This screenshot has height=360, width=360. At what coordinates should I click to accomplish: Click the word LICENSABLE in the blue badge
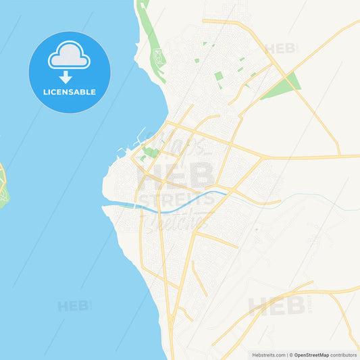tap(70, 91)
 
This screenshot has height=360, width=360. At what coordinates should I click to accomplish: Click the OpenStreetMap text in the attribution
tap(311, 355)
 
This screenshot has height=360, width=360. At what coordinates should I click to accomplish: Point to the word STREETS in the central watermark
tap(176, 201)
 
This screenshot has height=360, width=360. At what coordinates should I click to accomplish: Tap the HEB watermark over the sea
tap(73, 306)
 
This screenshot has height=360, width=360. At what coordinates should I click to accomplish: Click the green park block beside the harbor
tap(151, 153)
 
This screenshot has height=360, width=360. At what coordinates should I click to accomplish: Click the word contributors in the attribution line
tap(344, 355)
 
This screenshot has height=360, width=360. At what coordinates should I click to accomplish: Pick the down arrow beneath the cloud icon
tap(66, 77)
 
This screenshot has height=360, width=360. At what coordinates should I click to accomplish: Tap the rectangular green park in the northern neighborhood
tap(219, 80)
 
